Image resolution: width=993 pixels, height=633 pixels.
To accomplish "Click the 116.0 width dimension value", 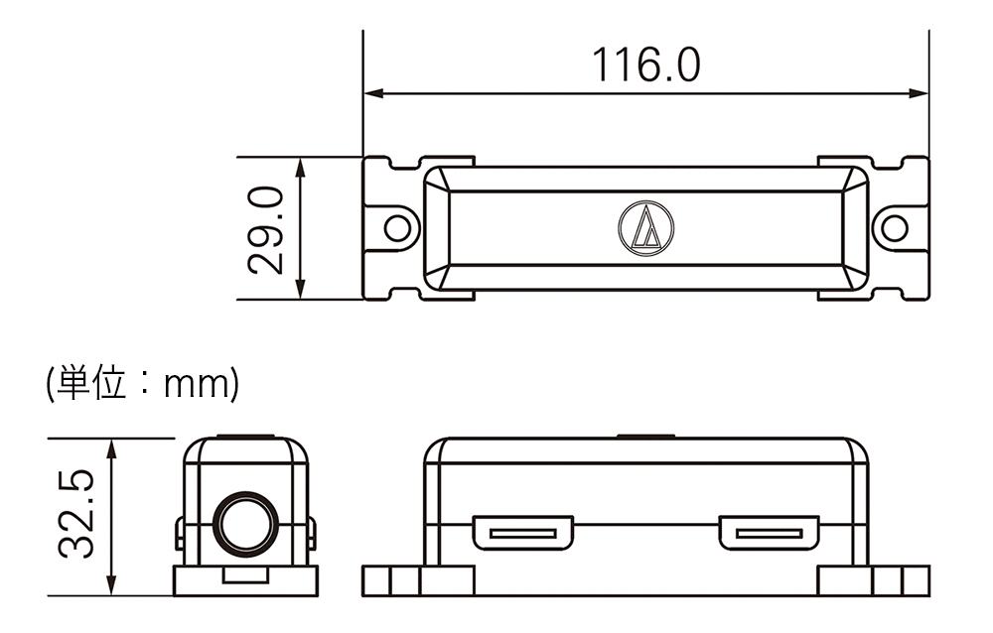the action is click(646, 64).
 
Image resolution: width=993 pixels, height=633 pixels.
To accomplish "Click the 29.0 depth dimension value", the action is click(265, 230).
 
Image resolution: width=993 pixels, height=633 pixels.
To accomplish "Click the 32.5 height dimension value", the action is click(76, 514).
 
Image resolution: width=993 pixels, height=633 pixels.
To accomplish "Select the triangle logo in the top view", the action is click(646, 228).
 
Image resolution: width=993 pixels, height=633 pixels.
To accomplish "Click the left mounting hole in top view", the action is click(398, 228).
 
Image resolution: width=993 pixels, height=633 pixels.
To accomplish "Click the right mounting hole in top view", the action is click(895, 228).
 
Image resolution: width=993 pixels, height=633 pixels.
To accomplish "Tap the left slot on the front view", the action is click(523, 533).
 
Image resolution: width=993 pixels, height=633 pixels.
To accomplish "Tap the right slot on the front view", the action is click(769, 533).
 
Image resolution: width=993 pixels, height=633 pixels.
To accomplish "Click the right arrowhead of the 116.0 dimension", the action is click(919, 93).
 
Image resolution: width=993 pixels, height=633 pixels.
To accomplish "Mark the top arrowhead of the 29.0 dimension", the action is click(300, 168).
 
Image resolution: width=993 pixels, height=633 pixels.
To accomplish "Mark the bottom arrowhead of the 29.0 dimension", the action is click(300, 289).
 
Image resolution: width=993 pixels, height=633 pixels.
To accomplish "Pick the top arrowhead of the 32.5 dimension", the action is click(112, 449).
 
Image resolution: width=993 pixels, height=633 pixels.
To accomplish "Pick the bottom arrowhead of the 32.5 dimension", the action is click(112, 584).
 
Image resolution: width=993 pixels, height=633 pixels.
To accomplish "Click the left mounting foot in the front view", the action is click(418, 581).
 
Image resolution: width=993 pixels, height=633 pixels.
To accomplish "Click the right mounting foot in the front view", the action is click(874, 581).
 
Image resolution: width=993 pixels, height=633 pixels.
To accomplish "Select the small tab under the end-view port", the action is click(245, 574).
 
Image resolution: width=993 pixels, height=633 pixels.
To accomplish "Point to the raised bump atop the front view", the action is click(646, 437).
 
